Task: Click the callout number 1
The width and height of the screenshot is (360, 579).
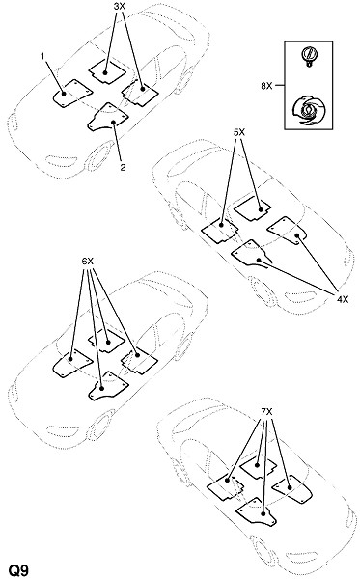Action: (x=42, y=56)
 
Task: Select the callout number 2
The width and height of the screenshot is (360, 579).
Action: (x=123, y=167)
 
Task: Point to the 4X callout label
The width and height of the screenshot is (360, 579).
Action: (x=343, y=299)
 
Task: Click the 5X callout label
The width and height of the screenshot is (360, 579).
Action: (x=239, y=132)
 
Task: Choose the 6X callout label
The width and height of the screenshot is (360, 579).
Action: (x=88, y=262)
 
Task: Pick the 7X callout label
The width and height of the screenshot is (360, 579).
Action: (x=266, y=411)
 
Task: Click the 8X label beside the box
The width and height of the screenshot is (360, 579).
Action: (x=266, y=87)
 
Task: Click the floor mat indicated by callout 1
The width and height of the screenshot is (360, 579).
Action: (x=70, y=94)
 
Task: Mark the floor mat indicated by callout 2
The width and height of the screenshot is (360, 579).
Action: (x=107, y=117)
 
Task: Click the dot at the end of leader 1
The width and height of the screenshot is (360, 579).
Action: (x=64, y=94)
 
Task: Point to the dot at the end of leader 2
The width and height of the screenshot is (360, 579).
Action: (x=114, y=123)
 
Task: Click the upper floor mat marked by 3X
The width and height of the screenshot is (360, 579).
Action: (x=107, y=70)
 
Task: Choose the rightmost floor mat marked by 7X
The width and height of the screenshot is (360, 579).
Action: (x=292, y=488)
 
